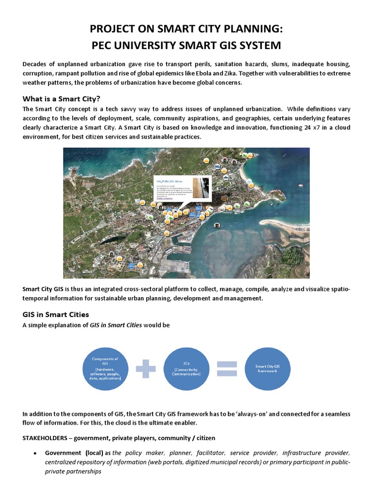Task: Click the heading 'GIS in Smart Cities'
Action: pos(55,314)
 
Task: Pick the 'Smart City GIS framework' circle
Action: pos(268,368)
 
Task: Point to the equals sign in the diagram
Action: pos(227,368)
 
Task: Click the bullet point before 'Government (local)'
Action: pos(35,453)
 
